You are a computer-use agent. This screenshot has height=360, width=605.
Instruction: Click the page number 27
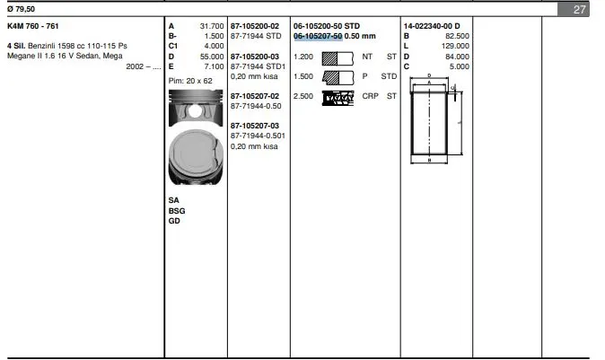click(579, 9)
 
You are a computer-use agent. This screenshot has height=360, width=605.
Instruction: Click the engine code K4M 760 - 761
click(33, 26)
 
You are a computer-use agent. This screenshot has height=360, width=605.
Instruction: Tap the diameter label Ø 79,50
click(21, 9)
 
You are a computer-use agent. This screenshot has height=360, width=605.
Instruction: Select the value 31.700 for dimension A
click(212, 26)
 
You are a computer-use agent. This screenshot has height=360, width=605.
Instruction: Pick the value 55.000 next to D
click(212, 57)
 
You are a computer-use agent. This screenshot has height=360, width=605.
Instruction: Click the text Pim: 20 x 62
click(190, 81)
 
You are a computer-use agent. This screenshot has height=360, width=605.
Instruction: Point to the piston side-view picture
click(196, 108)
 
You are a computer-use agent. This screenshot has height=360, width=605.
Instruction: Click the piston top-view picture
click(196, 157)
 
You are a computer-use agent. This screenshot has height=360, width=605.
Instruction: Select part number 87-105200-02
click(255, 26)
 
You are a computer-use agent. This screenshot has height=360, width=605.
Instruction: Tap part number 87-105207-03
click(255, 126)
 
